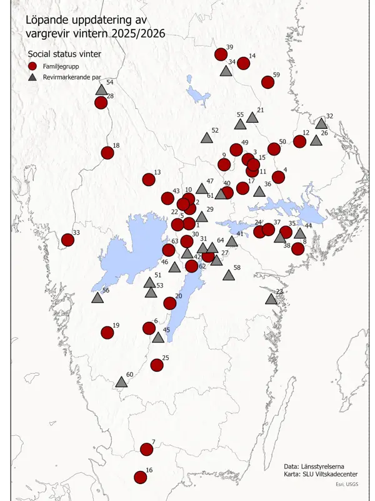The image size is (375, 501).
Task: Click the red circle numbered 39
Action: [x=221, y=54]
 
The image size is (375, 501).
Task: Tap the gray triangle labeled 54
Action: [x=101, y=90]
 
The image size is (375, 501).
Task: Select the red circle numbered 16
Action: [x=141, y=477]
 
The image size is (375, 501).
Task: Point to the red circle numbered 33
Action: [x=67, y=240]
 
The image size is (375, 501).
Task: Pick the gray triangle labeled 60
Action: [x=121, y=382]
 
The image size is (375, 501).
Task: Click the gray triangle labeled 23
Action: [x=271, y=299]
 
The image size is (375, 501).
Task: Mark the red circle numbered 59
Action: [x=268, y=82]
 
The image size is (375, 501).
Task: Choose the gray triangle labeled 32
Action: [x=321, y=123]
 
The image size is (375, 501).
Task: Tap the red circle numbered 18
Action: [x=107, y=152]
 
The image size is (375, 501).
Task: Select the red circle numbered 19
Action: [x=107, y=333]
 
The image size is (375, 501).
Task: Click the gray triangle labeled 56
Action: [x=97, y=297]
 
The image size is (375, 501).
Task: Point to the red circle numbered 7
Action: [x=147, y=449]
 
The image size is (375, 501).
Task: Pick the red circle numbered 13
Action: [x=149, y=180]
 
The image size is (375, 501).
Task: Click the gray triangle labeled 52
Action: [x=207, y=138]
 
